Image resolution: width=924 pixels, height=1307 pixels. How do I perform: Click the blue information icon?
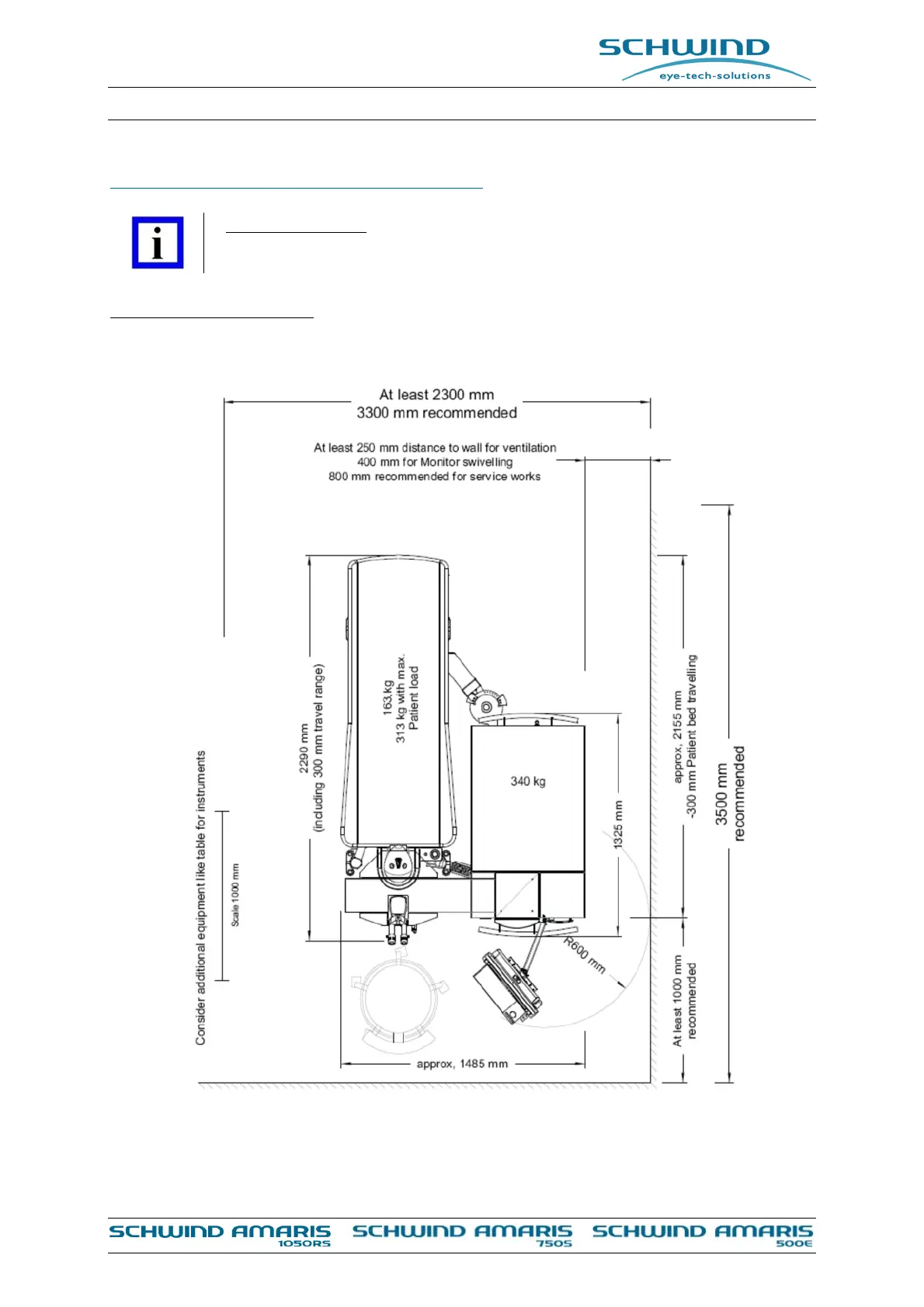158,243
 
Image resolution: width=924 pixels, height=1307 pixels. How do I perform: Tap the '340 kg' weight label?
528,781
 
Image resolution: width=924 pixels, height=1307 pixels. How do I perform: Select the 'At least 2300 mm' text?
436,394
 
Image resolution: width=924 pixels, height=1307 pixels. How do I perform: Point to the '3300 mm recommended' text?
436,413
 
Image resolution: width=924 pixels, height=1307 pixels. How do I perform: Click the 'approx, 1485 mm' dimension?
462,1063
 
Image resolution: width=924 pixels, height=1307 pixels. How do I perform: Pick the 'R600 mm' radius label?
585,955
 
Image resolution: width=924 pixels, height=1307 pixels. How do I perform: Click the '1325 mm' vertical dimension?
619,824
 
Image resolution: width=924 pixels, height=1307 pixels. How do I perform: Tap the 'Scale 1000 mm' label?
235,894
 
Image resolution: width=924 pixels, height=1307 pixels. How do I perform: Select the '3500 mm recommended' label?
729,793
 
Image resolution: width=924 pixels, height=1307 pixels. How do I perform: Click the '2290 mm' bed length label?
304,748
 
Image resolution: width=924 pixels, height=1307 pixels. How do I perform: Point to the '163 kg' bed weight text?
387,697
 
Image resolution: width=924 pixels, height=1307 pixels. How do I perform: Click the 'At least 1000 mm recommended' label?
684,1000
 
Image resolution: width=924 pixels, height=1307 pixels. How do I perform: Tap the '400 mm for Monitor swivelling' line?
435,462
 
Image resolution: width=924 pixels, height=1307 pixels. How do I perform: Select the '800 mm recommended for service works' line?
435,477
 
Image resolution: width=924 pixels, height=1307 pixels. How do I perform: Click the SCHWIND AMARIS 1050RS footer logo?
221,1235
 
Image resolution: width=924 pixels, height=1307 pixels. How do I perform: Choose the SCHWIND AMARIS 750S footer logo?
463,1235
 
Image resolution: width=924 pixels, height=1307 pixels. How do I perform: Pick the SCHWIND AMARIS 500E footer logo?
703,1235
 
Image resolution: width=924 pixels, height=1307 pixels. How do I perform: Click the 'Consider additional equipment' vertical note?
201,897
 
